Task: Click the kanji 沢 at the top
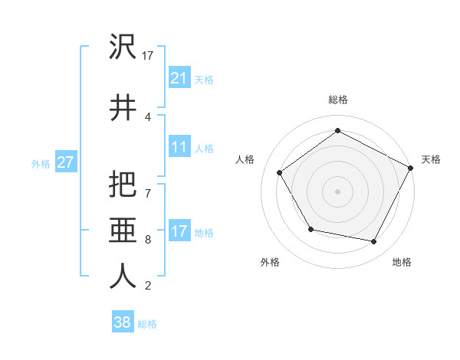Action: tap(123, 47)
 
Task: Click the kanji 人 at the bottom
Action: tap(123, 276)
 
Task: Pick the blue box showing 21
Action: tap(179, 78)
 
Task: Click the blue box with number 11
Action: tap(179, 147)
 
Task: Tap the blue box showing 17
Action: tap(179, 231)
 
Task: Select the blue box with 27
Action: tap(65, 162)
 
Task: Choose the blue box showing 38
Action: tap(122, 322)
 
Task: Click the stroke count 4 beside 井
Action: tap(147, 116)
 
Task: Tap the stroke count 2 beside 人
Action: tap(147, 286)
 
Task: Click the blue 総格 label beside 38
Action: tap(147, 324)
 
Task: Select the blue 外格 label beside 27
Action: tap(41, 163)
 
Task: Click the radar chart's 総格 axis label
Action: tap(337, 100)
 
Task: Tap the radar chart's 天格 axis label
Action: tap(431, 159)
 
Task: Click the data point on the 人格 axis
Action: tap(280, 172)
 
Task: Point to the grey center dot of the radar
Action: tap(337, 191)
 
